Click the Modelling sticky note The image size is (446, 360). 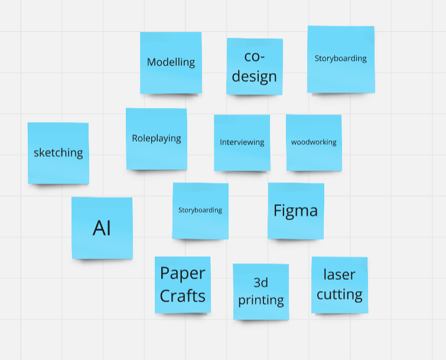[x=171, y=62]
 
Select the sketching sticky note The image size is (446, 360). [x=58, y=153]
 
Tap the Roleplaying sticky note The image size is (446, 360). [x=157, y=139]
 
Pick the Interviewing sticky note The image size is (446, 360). [x=242, y=142]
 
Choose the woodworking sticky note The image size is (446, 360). [x=314, y=142]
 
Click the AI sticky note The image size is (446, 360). [x=102, y=228]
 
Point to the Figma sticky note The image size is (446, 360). [x=295, y=210]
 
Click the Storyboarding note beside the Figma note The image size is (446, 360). [x=200, y=210]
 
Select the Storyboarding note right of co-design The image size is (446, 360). [x=340, y=58]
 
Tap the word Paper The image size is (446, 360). [x=183, y=273]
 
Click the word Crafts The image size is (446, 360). [x=183, y=295]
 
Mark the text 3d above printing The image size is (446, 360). [x=261, y=282]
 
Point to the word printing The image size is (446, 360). [x=261, y=300]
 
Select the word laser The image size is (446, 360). [x=339, y=274]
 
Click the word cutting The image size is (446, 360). [x=339, y=294]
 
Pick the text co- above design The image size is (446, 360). [x=255, y=57]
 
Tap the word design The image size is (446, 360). [x=254, y=76]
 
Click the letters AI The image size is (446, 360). [x=102, y=228]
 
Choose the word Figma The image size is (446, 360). [x=295, y=210]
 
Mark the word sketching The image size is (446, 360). [x=58, y=153]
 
